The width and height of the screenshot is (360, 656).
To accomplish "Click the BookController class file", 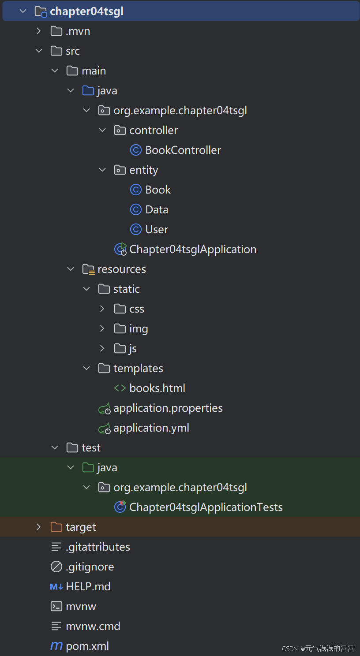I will click(183, 150).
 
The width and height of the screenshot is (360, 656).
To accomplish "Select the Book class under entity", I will click(157, 190).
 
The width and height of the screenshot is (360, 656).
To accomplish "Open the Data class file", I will click(157, 210).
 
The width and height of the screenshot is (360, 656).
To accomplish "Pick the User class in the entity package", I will click(157, 230).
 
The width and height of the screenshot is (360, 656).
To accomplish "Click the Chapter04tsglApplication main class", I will click(192, 250).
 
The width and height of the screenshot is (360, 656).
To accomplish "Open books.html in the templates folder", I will click(157, 388).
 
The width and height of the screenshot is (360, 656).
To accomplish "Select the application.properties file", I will click(168, 408).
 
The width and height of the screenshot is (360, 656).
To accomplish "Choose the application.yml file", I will click(151, 428).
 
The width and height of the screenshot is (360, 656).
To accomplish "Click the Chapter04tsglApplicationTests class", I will click(206, 507).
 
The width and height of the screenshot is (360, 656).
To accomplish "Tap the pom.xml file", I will click(87, 646).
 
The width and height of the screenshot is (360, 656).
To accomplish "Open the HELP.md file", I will click(88, 587).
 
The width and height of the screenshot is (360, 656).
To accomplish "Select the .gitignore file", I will click(90, 567).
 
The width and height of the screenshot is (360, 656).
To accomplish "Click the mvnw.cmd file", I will click(93, 626).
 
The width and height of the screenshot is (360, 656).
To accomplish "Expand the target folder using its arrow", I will click(39, 527).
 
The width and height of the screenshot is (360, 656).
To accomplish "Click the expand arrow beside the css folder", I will click(102, 309).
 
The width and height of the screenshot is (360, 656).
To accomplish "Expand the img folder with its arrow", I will click(102, 329).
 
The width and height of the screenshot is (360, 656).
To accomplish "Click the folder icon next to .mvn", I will click(56, 31).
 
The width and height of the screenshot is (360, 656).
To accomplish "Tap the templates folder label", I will click(138, 369).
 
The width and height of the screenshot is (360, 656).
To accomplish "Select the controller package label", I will click(153, 130).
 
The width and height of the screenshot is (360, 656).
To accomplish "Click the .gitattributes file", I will click(97, 547).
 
